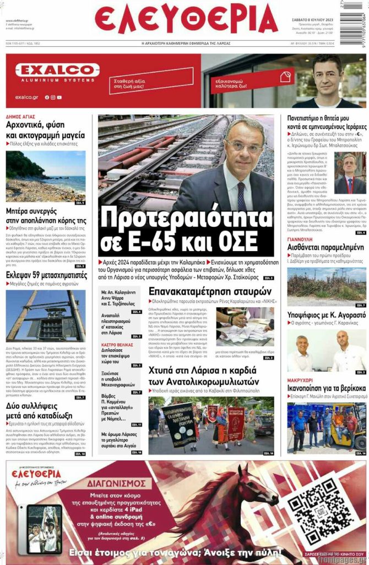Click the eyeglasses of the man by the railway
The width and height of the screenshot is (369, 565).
(245, 146)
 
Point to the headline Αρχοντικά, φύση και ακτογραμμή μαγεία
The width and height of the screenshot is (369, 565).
(45, 130)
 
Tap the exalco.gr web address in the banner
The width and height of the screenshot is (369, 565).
(26, 97)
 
